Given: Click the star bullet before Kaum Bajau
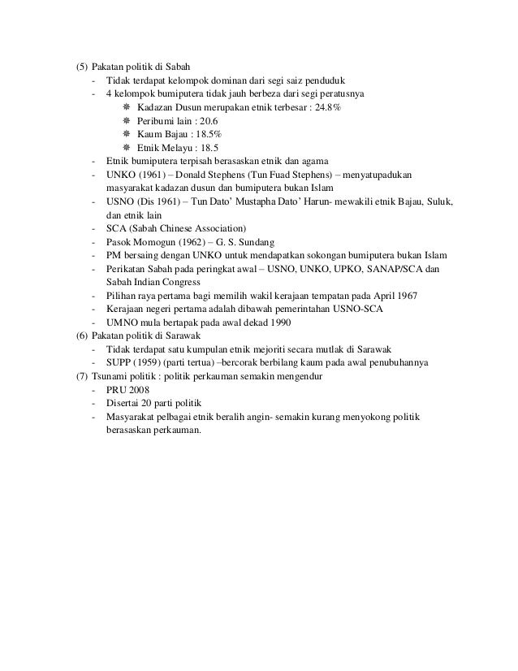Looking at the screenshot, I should tap(126, 134).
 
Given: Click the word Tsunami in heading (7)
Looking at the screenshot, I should tap(110, 375).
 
